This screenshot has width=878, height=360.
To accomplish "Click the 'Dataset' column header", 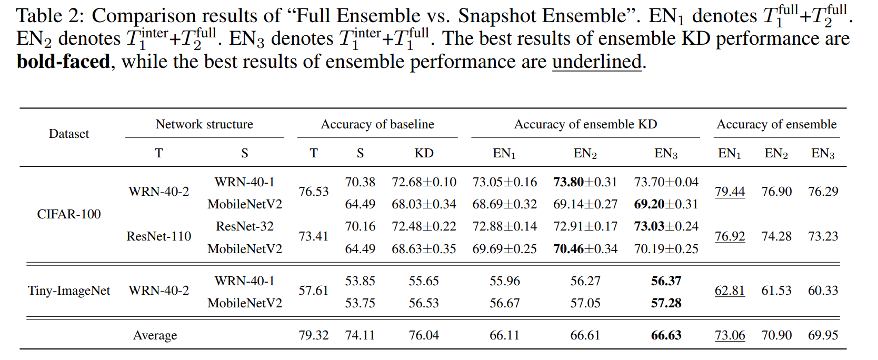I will (69, 134).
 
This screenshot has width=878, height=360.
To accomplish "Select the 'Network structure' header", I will (204, 124).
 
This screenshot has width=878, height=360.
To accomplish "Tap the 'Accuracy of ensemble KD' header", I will (585, 124).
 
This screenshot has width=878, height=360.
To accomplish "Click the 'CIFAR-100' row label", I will (69, 214).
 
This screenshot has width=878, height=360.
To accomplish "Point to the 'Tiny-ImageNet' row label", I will (69, 291).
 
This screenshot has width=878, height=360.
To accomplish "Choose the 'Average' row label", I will (155, 335).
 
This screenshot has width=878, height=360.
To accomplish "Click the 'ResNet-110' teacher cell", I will (159, 236).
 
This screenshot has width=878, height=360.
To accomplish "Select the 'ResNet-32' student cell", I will (245, 226).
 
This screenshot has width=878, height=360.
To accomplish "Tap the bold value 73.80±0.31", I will (585, 182).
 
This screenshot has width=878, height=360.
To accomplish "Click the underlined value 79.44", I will (730, 192).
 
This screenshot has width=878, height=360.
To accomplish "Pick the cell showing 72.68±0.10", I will (424, 182).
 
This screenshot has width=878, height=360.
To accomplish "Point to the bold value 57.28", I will (666, 303).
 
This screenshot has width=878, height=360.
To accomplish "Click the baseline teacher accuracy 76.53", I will (314, 192).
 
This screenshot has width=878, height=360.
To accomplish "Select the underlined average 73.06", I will (730, 335).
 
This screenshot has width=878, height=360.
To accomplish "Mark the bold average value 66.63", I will (666, 335).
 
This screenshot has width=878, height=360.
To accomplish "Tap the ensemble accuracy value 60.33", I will (823, 291).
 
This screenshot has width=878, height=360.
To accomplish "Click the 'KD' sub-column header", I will (424, 153).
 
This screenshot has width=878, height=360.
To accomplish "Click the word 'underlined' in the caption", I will (597, 62).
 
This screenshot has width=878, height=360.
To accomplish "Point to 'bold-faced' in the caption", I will (63, 62).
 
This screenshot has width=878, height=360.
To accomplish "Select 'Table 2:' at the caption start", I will (49, 16).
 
